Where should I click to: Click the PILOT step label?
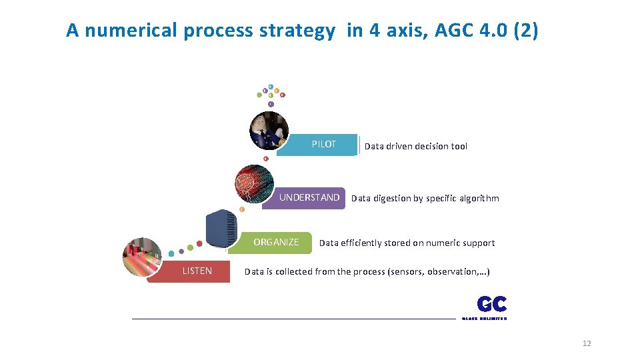[x=323, y=145]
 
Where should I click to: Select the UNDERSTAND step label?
[x=309, y=197]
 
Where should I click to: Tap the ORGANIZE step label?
[x=276, y=242]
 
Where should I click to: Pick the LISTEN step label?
[x=197, y=271]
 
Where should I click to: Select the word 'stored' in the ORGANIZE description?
[x=385, y=243]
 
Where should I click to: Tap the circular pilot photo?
[x=269, y=129]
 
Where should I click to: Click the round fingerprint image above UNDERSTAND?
[x=255, y=183]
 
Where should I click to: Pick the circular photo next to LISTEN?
[x=142, y=257]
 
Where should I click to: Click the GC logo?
[x=491, y=305]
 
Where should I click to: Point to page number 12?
[x=587, y=343]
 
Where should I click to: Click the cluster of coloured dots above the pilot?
[x=271, y=93]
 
